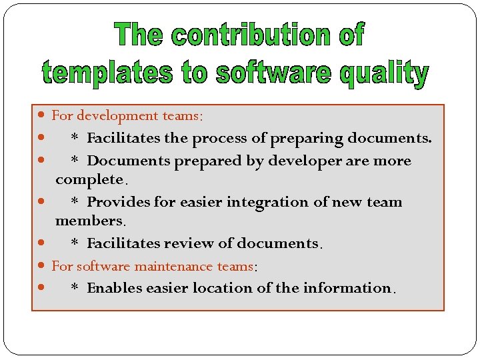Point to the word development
(117, 116)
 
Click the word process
(244, 139)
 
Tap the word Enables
(114, 288)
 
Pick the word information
(352, 288)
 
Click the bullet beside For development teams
(42, 116)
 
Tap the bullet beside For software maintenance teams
(42, 266)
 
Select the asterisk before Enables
(75, 288)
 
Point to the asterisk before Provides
(75, 201)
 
